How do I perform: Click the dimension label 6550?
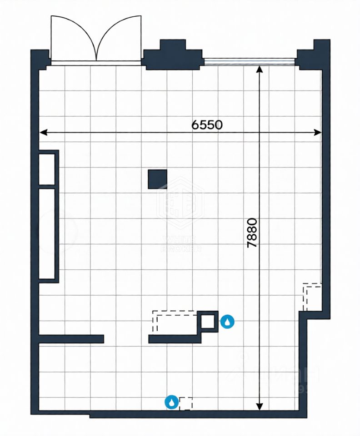click(x=207, y=125)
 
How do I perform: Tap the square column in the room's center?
click(x=157, y=179)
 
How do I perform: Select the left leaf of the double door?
click(x=73, y=39)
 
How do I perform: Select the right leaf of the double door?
click(x=119, y=39)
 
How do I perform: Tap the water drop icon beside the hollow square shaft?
click(x=227, y=322)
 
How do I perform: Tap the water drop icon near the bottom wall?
click(x=171, y=402)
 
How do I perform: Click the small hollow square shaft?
click(x=209, y=322)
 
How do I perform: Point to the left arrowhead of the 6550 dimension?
click(x=43, y=133)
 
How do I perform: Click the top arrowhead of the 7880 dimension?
click(x=260, y=69)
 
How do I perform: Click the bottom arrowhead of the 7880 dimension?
click(x=260, y=406)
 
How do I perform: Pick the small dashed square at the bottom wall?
click(x=185, y=403)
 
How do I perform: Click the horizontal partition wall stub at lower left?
click(x=71, y=339)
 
